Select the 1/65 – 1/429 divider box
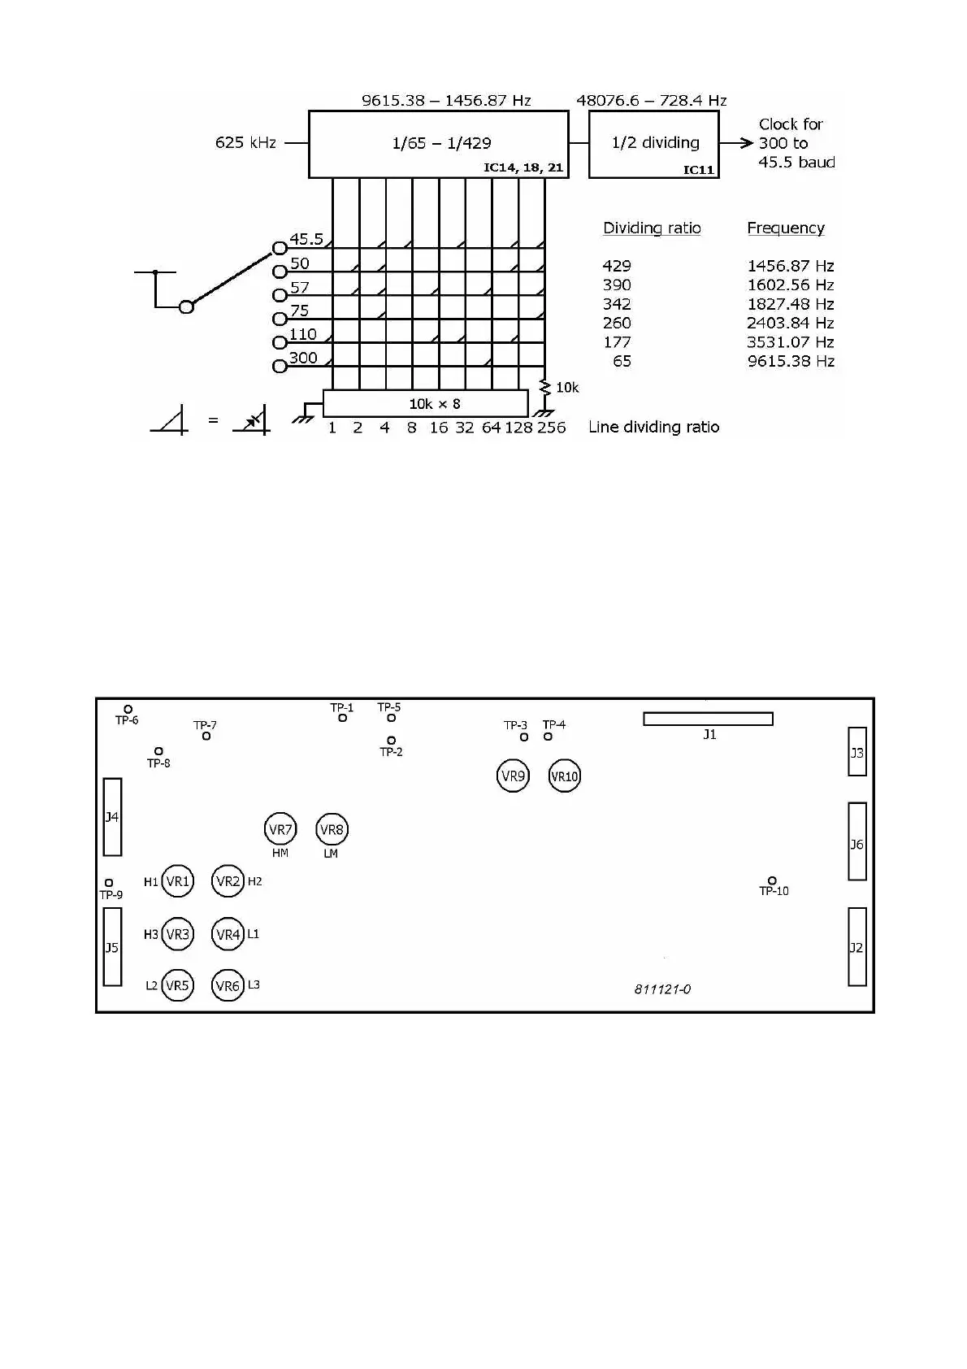click(438, 144)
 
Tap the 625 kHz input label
click(245, 143)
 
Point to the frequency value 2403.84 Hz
click(790, 324)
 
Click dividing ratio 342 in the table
click(617, 304)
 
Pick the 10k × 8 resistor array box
click(426, 403)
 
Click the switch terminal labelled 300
click(280, 366)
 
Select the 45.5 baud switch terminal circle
click(280, 247)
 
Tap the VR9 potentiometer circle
click(513, 776)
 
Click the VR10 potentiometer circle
click(565, 776)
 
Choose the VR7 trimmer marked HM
click(280, 829)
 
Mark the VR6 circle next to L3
click(228, 986)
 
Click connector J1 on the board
click(708, 719)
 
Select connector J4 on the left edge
click(112, 817)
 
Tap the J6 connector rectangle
click(857, 841)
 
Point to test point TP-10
click(772, 880)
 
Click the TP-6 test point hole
click(128, 710)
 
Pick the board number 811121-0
click(662, 989)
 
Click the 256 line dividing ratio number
click(551, 428)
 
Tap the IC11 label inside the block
click(698, 170)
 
